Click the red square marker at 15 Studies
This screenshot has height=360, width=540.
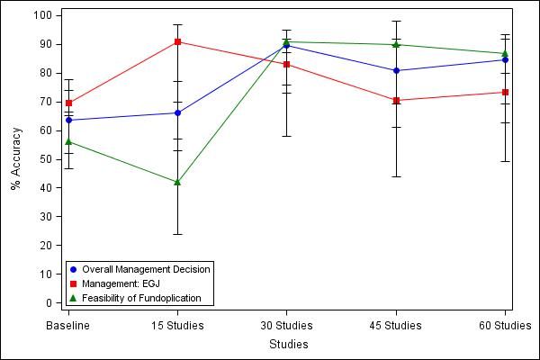click(x=177, y=41)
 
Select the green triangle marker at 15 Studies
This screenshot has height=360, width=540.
click(x=177, y=182)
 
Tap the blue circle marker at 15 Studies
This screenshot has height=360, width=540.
click(x=177, y=112)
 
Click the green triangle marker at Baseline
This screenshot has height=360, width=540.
click(x=68, y=141)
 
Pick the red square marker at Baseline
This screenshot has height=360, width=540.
click(x=68, y=103)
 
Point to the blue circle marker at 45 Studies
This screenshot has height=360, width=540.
click(x=396, y=70)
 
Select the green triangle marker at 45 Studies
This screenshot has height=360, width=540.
click(x=396, y=44)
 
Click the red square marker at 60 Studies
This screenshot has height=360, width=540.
click(x=505, y=92)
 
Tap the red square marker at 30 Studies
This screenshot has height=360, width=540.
click(x=287, y=64)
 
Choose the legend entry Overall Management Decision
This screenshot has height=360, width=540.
click(x=145, y=269)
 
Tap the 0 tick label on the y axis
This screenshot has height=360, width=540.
click(x=47, y=302)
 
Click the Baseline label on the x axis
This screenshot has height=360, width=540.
click(x=68, y=325)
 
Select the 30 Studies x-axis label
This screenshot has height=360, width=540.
click(x=287, y=325)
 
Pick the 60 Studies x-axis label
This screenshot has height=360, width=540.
click(x=503, y=325)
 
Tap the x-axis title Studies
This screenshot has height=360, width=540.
click(x=288, y=344)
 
